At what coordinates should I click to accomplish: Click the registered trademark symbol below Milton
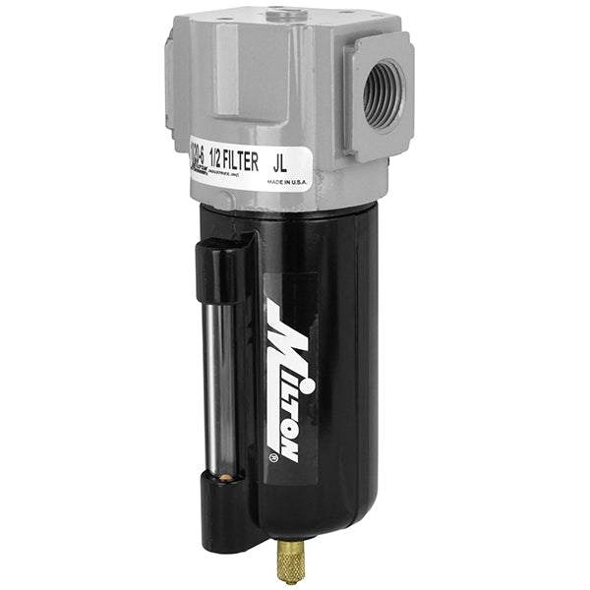[x=273, y=456]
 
